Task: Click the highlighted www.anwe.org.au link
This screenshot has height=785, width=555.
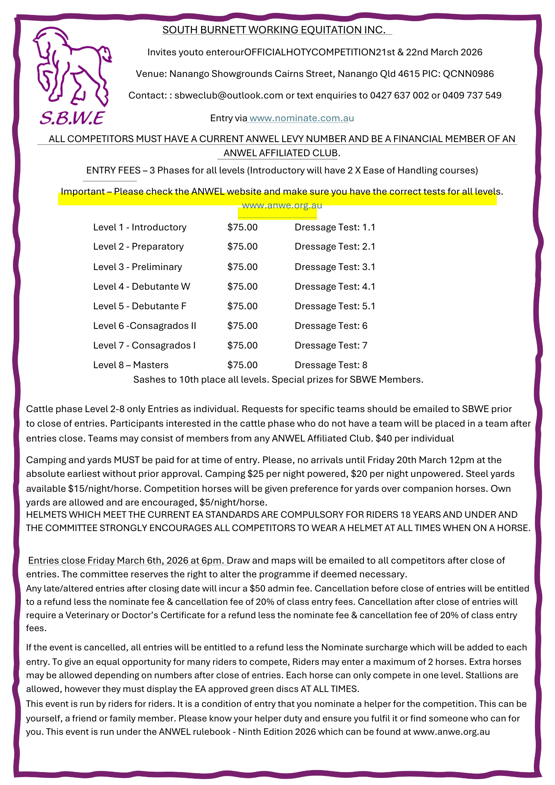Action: pos(282,205)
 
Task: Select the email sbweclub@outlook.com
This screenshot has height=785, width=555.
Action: pos(229,95)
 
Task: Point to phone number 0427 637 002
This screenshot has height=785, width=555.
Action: pos(399,95)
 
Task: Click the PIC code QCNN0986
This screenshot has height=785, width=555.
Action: pos(468,74)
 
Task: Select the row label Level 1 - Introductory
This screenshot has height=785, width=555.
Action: pos(140,227)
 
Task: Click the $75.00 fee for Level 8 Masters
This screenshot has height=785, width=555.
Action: pos(242,365)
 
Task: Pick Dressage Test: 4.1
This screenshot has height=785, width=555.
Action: pos(335,287)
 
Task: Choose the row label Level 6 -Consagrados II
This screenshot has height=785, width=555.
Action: pos(144,326)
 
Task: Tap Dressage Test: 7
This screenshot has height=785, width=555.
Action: pos(331,345)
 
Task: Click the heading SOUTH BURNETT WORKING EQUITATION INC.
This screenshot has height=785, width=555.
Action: pos(274,30)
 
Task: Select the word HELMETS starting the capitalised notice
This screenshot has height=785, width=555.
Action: pos(45,515)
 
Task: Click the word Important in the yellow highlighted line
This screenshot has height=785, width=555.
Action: pos(82,192)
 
